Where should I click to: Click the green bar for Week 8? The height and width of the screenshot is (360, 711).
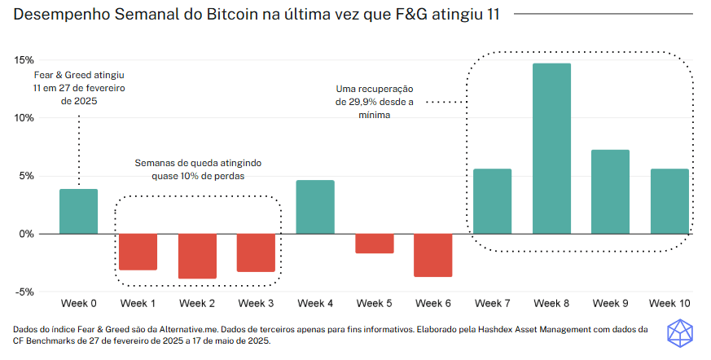pos(551,148)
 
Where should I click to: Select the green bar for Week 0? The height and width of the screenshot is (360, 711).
pos(78,211)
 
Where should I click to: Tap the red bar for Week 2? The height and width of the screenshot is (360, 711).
pos(197,256)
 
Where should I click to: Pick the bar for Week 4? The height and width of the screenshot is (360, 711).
pos(315,207)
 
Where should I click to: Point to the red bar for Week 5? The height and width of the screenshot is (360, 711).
pos(375,244)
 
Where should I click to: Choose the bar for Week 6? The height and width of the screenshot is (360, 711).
pos(433,255)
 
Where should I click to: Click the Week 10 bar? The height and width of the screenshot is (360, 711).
pos(669,201)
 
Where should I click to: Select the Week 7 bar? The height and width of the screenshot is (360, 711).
pos(492,201)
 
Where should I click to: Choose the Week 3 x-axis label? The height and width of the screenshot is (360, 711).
pos(256,304)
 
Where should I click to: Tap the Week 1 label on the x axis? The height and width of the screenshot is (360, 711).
pos(138,304)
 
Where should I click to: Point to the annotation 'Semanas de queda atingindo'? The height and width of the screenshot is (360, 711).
pos(198,163)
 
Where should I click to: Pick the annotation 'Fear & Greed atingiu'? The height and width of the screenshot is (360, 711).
pos(79,74)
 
